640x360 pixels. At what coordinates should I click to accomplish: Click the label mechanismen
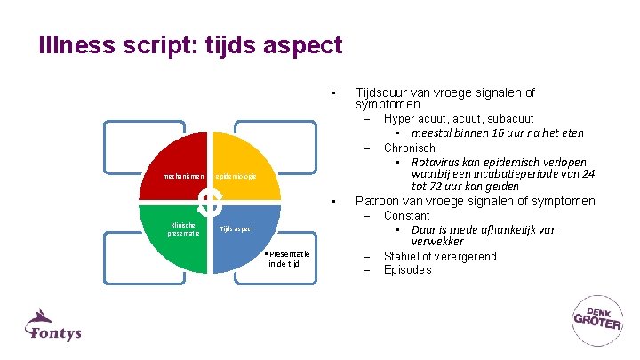(x=184, y=177)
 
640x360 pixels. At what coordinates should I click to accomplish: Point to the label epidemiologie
(x=236, y=177)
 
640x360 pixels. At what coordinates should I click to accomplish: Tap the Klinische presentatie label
(x=184, y=229)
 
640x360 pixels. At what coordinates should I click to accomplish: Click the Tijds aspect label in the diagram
(x=236, y=229)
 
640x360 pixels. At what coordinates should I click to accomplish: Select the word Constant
(x=406, y=216)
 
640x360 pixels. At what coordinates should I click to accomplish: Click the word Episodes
(x=407, y=270)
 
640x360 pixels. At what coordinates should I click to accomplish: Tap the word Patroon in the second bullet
(x=378, y=201)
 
